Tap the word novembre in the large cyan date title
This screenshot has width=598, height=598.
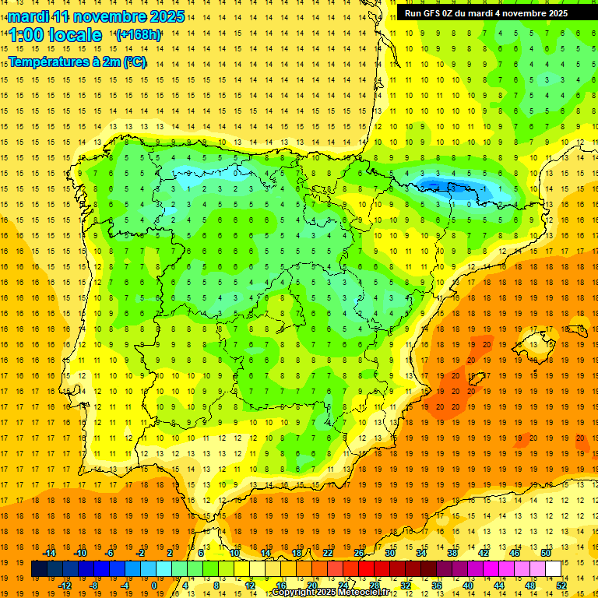coord(108,16)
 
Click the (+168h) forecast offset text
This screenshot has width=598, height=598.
coord(139,35)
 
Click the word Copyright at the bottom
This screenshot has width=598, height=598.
coord(293,593)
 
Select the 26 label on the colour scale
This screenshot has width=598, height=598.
coord(359,553)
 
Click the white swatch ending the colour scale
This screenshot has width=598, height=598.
coord(554,568)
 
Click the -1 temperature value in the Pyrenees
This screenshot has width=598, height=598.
coord(484,189)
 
